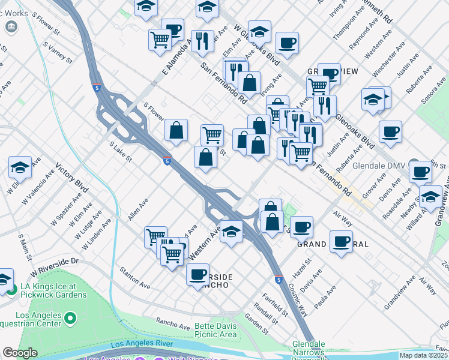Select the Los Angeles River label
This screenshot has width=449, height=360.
[x=142, y=344]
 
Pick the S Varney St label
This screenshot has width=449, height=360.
[x=58, y=53]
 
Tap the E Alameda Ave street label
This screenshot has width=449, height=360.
[x=176, y=57]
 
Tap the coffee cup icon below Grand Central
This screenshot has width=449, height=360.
[x=342, y=242]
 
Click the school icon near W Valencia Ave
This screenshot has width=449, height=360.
[x=20, y=169]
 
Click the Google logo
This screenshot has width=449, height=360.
[x=20, y=353]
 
